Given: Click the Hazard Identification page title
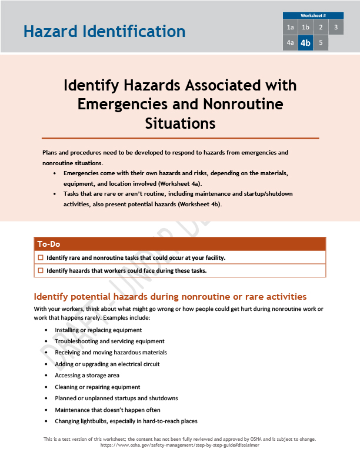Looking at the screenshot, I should click(x=104, y=31).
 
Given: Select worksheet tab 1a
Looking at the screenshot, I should click(x=290, y=28).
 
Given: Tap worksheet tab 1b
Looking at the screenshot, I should click(x=305, y=28).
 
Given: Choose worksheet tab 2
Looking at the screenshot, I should click(x=321, y=28).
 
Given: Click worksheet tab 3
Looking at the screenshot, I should click(x=336, y=28).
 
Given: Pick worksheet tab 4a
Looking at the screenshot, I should click(x=290, y=43).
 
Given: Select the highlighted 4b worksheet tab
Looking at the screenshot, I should click(x=305, y=43).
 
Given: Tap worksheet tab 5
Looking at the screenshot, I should click(x=321, y=43).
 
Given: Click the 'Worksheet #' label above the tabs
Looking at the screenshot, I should click(x=313, y=15).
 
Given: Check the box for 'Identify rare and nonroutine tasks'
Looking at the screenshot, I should click(x=41, y=257).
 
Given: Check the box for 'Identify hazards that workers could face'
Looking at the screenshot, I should click(x=41, y=270).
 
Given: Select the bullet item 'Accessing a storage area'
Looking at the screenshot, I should click(x=87, y=376).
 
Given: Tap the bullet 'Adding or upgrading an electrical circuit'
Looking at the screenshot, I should click(x=107, y=364).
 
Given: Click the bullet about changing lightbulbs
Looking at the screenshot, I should click(x=126, y=421).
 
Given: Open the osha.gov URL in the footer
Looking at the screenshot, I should click(x=180, y=445).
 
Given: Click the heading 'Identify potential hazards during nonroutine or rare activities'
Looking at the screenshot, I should click(x=170, y=296).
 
